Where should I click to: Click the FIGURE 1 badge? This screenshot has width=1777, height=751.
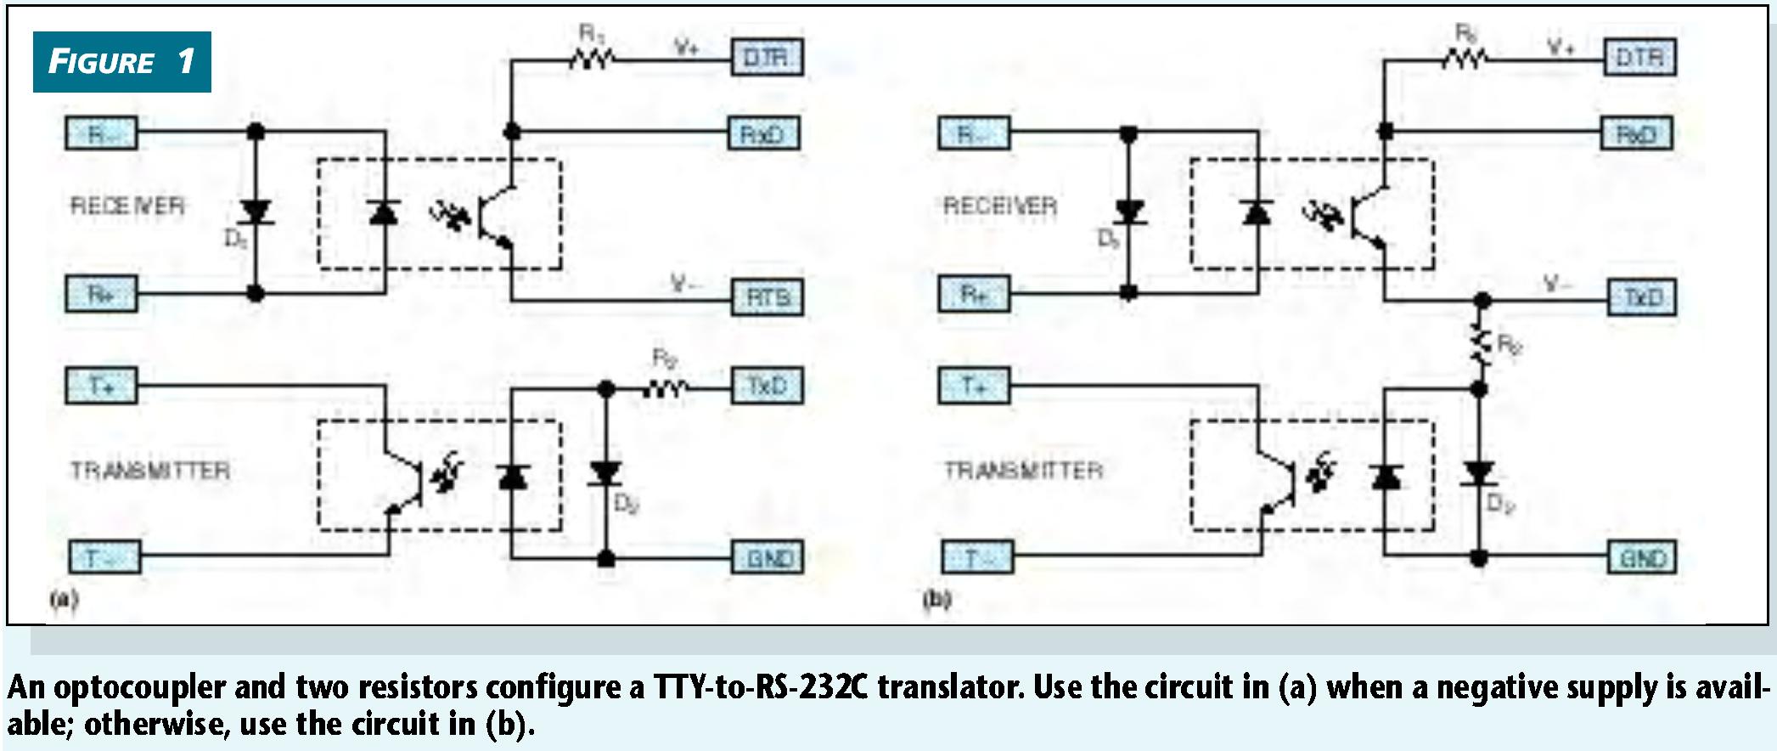(121, 62)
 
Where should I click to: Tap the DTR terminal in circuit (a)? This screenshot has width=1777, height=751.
(767, 58)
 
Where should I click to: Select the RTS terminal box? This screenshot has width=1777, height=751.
(768, 297)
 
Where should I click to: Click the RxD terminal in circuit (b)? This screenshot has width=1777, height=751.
(1637, 134)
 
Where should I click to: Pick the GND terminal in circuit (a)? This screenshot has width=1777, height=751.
(768, 558)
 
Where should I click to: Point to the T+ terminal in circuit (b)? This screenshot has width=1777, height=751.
(974, 387)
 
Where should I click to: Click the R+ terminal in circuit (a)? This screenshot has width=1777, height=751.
(101, 295)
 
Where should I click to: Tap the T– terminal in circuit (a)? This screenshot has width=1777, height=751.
(103, 558)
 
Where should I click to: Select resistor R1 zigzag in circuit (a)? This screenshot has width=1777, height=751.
(592, 59)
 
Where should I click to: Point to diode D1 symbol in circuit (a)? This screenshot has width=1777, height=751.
(255, 211)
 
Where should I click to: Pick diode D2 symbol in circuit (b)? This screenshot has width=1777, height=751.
(1479, 473)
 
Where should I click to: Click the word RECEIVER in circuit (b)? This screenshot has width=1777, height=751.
(1000, 206)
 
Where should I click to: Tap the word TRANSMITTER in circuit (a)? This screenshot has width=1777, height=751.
(149, 471)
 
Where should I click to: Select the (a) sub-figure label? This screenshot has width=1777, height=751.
(64, 600)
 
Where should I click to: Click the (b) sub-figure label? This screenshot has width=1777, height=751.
(936, 600)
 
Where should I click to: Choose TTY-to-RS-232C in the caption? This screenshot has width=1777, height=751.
(760, 686)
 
